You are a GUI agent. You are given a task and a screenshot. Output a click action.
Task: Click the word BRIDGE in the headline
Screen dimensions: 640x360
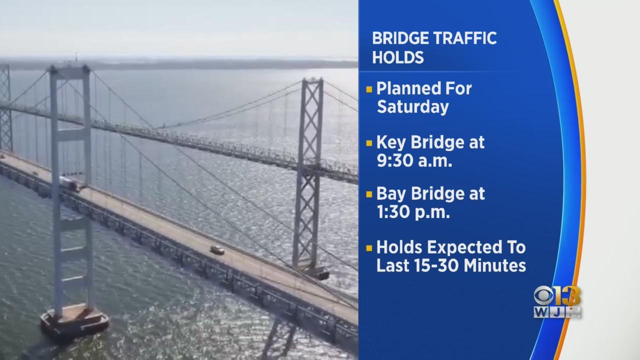[x=399, y=38]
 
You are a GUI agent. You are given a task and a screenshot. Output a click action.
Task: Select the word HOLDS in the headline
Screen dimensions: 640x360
[x=398, y=57]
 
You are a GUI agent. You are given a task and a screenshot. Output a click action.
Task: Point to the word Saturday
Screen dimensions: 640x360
[x=413, y=107]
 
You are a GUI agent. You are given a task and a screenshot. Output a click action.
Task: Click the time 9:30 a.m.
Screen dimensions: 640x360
[x=414, y=160]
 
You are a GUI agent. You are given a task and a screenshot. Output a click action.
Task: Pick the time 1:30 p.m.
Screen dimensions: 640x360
[x=413, y=212]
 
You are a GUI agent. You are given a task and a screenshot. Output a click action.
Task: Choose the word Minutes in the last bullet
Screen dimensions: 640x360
[x=494, y=265]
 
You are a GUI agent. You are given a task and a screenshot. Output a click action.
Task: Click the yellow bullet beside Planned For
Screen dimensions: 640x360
[x=369, y=89]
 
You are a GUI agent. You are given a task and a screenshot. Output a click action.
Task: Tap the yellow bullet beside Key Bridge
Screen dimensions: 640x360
[x=369, y=143]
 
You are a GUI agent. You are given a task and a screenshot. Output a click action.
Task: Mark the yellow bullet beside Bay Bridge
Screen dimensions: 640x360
[x=369, y=194]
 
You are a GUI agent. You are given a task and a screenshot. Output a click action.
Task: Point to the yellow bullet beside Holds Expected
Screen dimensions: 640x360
[x=369, y=247]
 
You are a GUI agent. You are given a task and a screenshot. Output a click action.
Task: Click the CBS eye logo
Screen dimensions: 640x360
[x=543, y=296]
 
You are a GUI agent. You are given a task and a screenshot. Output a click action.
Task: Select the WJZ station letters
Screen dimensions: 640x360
[x=557, y=312]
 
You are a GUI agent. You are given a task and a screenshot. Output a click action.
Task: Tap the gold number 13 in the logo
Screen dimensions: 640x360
[x=568, y=296]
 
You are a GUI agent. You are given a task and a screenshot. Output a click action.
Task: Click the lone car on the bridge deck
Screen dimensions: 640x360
[x=217, y=250]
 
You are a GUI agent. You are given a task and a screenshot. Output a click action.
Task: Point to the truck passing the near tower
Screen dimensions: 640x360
[x=70, y=184]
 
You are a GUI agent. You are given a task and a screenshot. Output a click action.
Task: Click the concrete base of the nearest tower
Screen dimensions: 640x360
[x=74, y=321]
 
